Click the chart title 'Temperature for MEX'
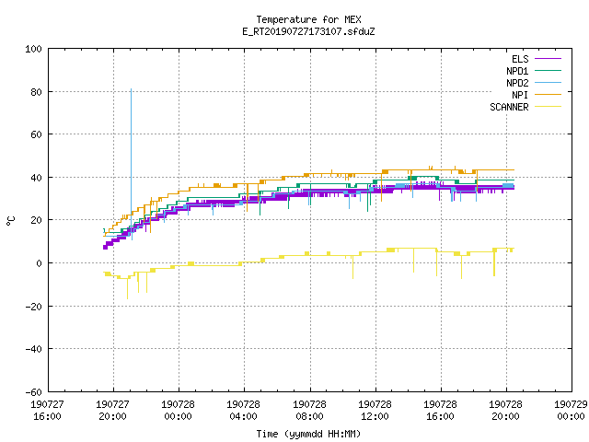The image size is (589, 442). [308, 19]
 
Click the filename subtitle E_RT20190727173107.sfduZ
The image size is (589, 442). [308, 31]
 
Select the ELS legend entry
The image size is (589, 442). [537, 59]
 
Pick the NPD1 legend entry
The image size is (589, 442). [534, 71]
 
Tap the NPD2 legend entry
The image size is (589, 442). [534, 83]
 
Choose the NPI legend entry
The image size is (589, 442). [537, 95]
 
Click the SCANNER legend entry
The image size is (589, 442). [525, 107]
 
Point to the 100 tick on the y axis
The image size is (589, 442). [33, 49]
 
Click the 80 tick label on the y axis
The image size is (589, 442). [36, 92]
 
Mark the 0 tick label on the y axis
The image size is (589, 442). [39, 263]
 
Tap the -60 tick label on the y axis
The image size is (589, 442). [33, 392]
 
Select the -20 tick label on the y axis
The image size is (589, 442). [33, 307]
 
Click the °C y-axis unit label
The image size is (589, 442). [10, 221]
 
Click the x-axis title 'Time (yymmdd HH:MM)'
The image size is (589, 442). [308, 434]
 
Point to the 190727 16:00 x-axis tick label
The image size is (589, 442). [47, 410]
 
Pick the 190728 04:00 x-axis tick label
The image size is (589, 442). [243, 410]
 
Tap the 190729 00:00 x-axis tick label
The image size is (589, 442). [571, 410]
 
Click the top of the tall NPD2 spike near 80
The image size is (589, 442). [131, 89]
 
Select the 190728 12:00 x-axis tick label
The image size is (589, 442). [375, 410]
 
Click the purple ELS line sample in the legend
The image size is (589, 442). [549, 59]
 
